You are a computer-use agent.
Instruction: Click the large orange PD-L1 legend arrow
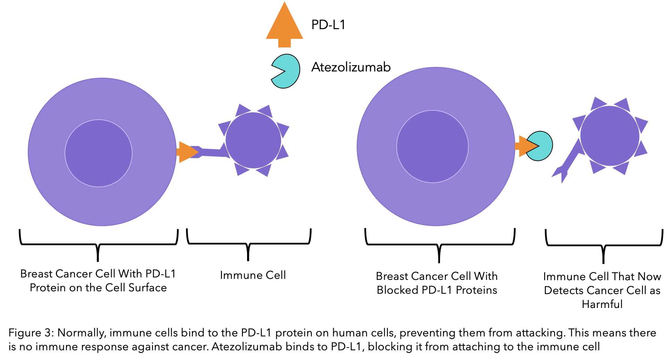click(x=285, y=26)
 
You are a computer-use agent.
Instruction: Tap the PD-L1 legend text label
click(x=328, y=25)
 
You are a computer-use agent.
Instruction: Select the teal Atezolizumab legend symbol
click(x=285, y=71)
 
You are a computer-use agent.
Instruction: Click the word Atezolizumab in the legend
click(x=351, y=67)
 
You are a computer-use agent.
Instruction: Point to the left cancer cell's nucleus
click(x=99, y=153)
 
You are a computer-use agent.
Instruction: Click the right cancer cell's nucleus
click(x=432, y=146)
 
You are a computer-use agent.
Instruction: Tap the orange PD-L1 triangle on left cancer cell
click(x=188, y=152)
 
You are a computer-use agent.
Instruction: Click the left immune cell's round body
click(x=253, y=140)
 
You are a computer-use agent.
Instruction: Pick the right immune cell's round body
click(x=610, y=136)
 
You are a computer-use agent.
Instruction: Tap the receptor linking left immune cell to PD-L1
click(x=210, y=151)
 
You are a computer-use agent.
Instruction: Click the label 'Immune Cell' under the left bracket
click(x=253, y=275)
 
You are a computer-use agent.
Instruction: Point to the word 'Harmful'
click(x=602, y=304)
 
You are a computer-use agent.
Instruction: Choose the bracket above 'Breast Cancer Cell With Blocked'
click(x=440, y=245)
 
